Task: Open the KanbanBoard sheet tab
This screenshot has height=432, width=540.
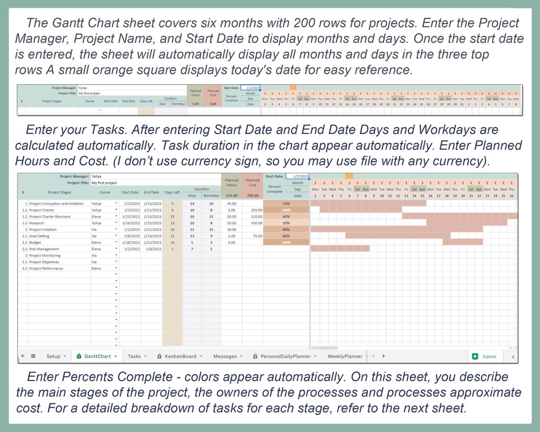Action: [x=180, y=356]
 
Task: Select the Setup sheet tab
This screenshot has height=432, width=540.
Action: [x=54, y=356]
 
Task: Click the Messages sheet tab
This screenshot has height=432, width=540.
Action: [x=225, y=356]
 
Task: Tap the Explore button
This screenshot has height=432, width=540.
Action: [x=484, y=356]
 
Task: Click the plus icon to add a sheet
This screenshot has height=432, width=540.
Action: [x=23, y=356]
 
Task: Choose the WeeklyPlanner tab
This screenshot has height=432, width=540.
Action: [x=345, y=356]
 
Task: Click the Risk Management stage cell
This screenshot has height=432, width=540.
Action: [x=44, y=249]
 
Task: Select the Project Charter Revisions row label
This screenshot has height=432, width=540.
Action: [x=50, y=216]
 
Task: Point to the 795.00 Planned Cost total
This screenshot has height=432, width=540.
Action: [x=252, y=195]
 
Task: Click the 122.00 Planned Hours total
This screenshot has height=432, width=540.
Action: [x=231, y=195]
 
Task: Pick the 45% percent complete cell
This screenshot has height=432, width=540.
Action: [x=286, y=216]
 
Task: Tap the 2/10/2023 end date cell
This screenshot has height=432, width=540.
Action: [x=152, y=216]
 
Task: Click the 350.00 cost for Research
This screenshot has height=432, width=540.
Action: [x=257, y=223]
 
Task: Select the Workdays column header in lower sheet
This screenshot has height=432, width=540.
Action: [x=211, y=195]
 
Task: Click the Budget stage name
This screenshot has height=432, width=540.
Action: [x=36, y=242]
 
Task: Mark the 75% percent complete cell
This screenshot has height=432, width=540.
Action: [x=286, y=203]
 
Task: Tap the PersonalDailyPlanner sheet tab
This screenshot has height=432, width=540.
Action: [x=285, y=356]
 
